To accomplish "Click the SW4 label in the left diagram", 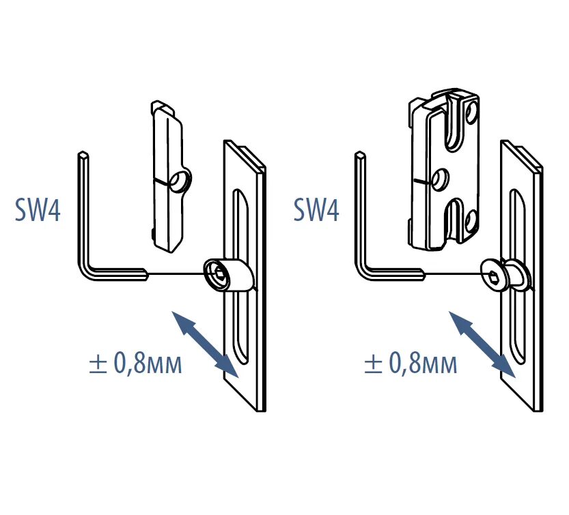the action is click(38, 210).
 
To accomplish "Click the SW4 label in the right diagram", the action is click(316, 210).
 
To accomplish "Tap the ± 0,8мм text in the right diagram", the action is click(411, 364).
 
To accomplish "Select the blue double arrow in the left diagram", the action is click(205, 344).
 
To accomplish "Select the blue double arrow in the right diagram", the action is click(482, 343).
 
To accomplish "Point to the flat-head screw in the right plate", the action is click(497, 276).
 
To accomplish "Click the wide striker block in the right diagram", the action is click(444, 171).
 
